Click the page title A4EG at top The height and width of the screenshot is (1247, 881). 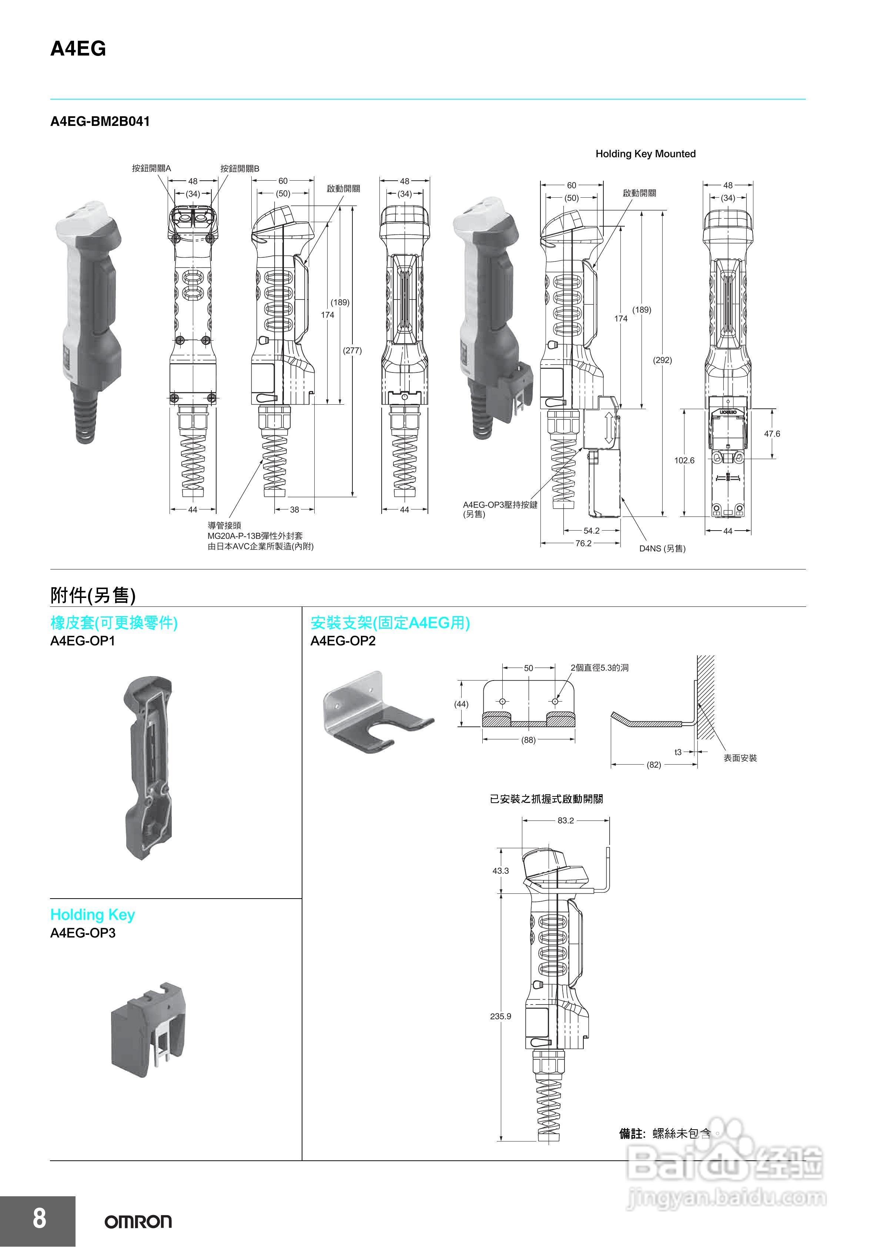pyautogui.click(x=78, y=49)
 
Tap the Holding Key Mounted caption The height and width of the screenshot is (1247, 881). pyautogui.click(x=645, y=154)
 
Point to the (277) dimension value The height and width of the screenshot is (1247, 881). pyautogui.click(x=352, y=350)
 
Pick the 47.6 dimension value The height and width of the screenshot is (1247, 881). pyautogui.click(x=771, y=434)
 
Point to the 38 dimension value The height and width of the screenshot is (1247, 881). pyautogui.click(x=294, y=509)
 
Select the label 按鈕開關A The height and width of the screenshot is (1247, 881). pyautogui.click(x=151, y=168)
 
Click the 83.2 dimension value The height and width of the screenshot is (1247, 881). pyautogui.click(x=565, y=820)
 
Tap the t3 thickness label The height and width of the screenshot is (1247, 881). pyautogui.click(x=678, y=752)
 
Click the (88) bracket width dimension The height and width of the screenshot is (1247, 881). pyautogui.click(x=528, y=740)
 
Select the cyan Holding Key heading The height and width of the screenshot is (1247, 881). pyautogui.click(x=92, y=915)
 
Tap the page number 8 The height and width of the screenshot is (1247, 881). pyautogui.click(x=39, y=1218)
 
